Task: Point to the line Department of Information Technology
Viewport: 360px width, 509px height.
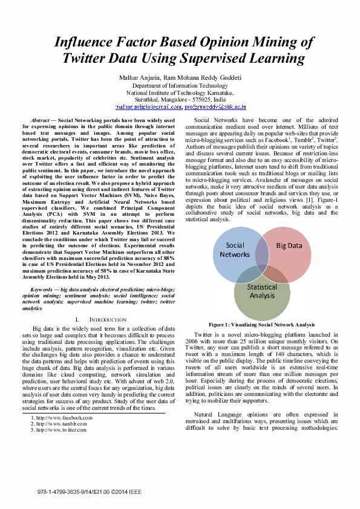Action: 180,86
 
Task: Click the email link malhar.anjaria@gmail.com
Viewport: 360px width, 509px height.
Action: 149,107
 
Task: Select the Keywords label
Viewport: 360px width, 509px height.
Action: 41,290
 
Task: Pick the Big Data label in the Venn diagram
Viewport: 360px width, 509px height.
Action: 289,247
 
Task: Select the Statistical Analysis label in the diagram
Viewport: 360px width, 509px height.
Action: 262,291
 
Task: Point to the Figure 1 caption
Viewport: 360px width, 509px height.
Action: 261,325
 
